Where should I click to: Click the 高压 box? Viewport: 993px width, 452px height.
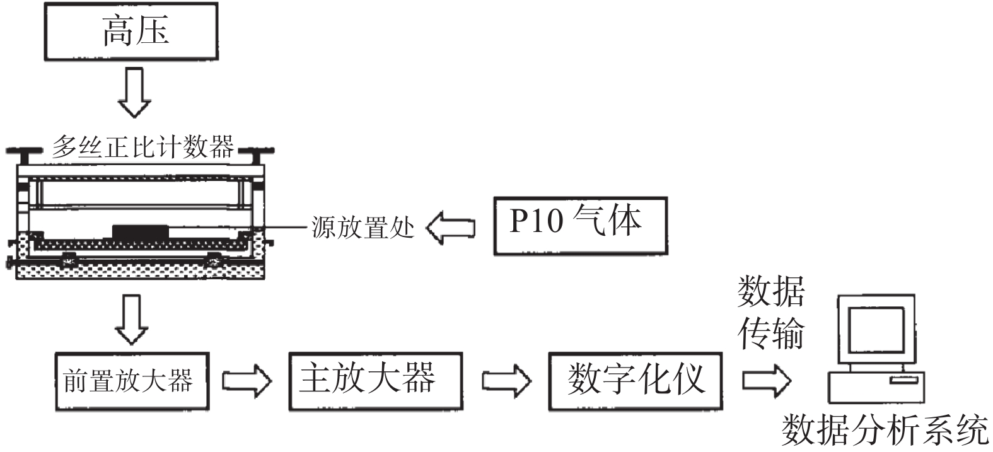pyautogui.click(x=131, y=32)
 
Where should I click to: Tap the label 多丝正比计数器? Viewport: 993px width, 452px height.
pyautogui.click(x=143, y=147)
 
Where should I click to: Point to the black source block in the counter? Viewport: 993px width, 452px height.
pyautogui.click(x=141, y=231)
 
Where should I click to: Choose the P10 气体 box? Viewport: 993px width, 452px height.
pyautogui.click(x=579, y=225)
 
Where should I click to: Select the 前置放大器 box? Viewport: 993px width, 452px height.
pyautogui.click(x=131, y=381)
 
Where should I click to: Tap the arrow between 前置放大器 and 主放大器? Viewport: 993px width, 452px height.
pyautogui.click(x=247, y=381)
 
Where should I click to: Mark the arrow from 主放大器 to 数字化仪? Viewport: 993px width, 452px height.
pyautogui.click(x=506, y=381)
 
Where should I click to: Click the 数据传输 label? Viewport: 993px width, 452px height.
pyautogui.click(x=771, y=311)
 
